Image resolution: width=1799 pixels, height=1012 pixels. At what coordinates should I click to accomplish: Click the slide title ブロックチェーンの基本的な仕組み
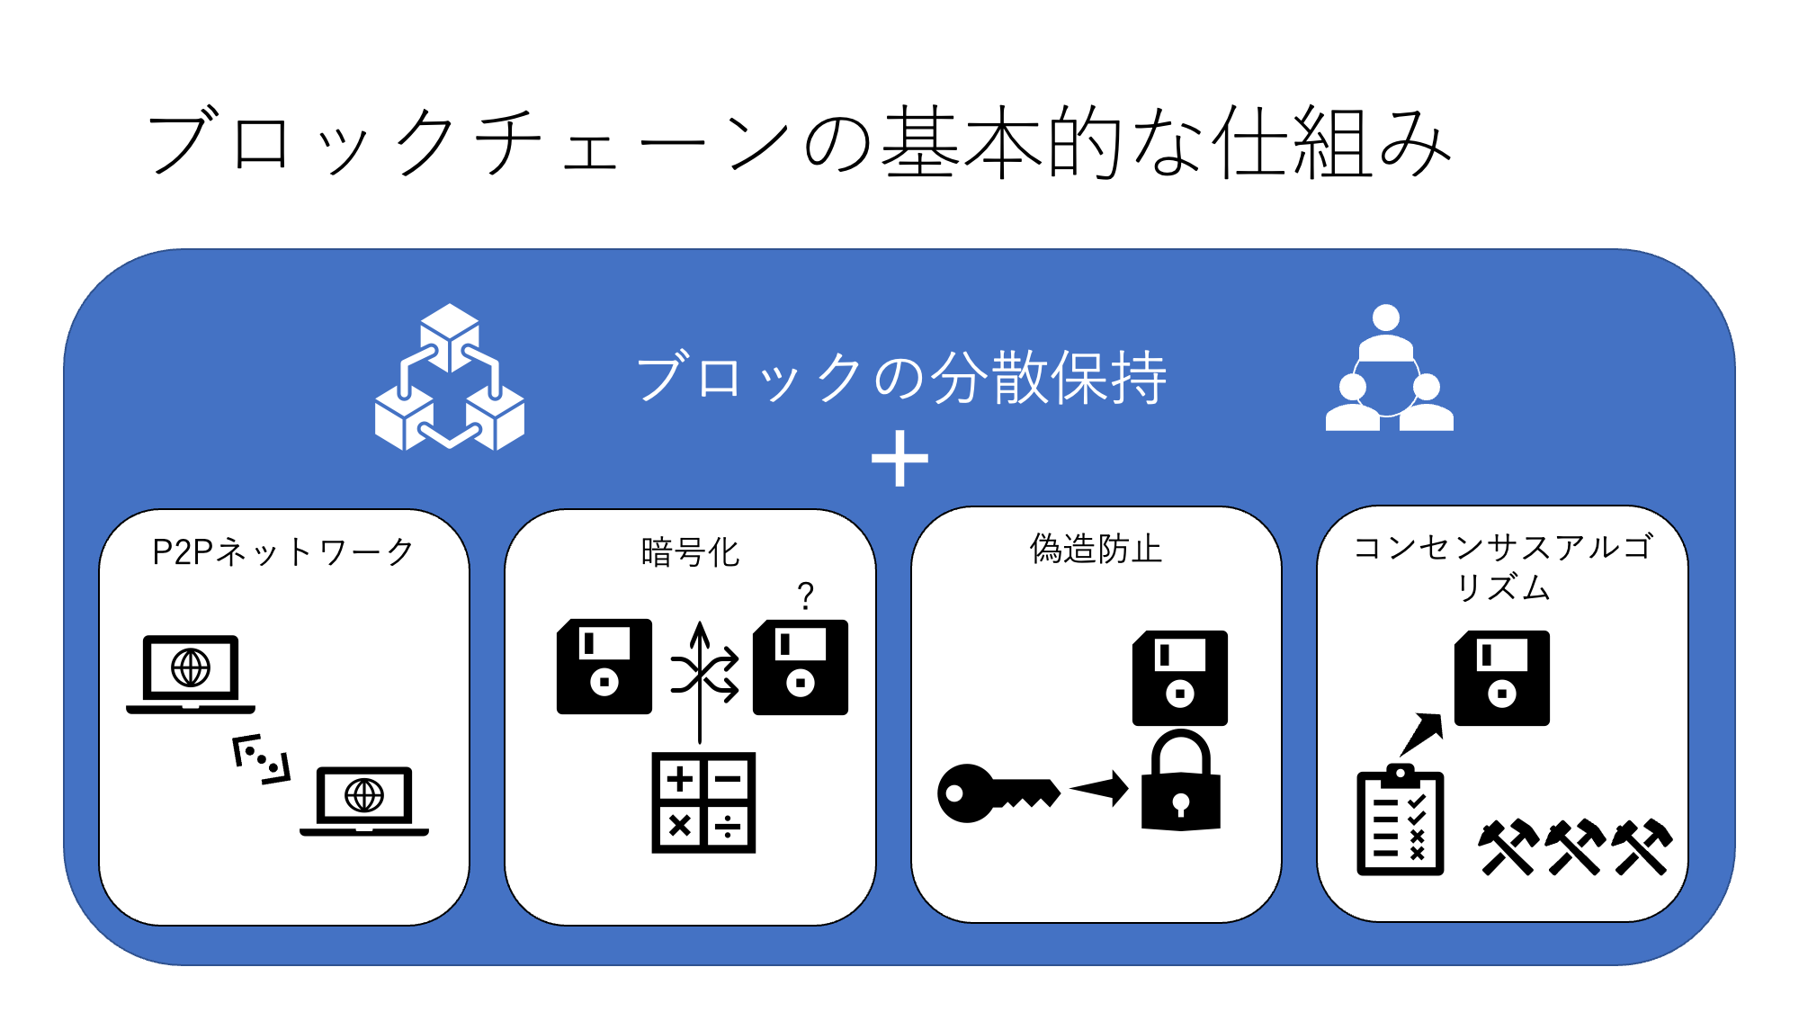click(x=799, y=142)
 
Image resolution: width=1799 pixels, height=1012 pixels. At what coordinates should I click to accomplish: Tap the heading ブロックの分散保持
click(x=901, y=378)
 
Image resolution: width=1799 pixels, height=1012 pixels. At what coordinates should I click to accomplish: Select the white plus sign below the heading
click(x=899, y=459)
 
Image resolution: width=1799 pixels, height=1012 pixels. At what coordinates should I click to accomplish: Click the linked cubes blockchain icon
click(x=450, y=378)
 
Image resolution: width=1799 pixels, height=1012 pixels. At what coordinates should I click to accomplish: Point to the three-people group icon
click(x=1389, y=369)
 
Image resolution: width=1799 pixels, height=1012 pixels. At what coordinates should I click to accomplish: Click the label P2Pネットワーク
click(x=283, y=551)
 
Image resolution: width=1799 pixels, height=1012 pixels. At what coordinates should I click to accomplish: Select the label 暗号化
click(x=690, y=552)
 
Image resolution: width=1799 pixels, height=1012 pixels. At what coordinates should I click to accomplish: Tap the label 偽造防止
click(x=1096, y=549)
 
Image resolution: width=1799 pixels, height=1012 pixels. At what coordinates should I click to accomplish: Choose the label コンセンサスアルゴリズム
click(x=1502, y=567)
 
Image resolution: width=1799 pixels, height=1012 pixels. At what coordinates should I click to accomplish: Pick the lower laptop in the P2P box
click(x=364, y=800)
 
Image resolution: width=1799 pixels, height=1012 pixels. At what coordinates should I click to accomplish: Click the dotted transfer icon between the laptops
click(x=262, y=758)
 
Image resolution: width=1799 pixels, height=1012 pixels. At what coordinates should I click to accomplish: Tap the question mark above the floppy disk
click(x=805, y=596)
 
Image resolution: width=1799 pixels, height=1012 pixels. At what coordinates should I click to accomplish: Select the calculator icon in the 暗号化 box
click(x=703, y=802)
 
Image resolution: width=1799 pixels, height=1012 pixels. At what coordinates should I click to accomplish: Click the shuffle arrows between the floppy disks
click(x=705, y=674)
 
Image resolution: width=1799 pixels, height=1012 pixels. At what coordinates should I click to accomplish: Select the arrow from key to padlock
click(x=1100, y=789)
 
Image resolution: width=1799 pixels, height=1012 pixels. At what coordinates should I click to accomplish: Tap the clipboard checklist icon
click(x=1400, y=820)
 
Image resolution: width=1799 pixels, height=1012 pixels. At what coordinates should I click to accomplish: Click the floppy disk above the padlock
click(x=1180, y=677)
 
